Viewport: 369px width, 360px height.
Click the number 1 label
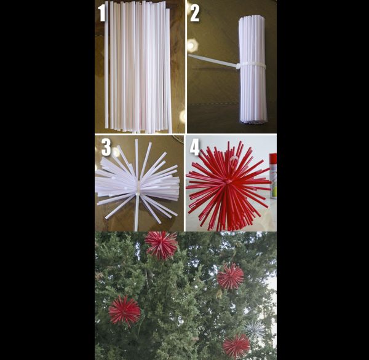(101, 13)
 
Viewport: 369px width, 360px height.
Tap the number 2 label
(194, 14)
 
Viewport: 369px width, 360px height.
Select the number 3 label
(106, 147)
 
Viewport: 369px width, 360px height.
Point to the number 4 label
(194, 148)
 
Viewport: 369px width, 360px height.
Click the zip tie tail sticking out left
(213, 60)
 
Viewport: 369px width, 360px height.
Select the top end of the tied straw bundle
(252, 17)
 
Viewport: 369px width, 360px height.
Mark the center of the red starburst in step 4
(228, 182)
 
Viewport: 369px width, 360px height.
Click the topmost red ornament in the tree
(161, 245)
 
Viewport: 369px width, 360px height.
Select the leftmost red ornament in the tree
(124, 311)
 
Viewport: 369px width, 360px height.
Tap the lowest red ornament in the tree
(236, 346)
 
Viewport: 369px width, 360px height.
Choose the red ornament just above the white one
(230, 276)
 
